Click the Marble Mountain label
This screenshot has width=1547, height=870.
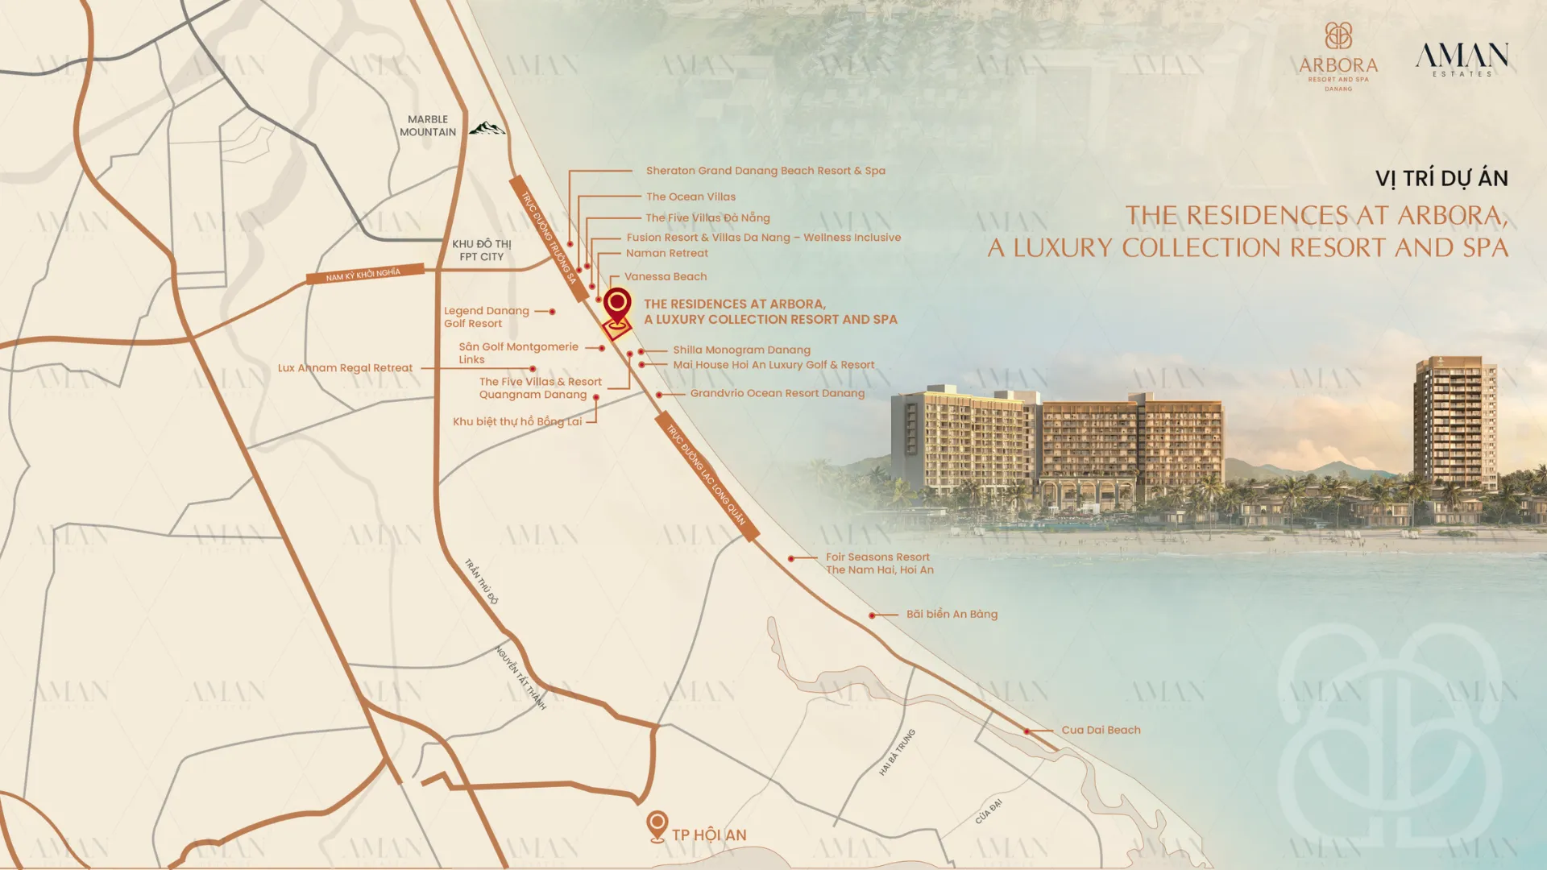(428, 126)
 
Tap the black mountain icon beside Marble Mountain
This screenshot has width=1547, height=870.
(487, 128)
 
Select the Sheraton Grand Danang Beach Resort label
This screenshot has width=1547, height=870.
(765, 171)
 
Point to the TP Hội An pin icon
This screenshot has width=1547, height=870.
(657, 826)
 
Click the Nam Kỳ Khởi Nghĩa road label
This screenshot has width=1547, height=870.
(364, 274)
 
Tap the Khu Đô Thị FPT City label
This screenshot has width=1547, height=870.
(481, 250)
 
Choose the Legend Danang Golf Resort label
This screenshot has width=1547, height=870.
(486, 317)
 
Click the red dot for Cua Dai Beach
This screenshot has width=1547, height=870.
(1027, 731)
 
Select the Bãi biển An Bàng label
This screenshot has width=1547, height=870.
(952, 614)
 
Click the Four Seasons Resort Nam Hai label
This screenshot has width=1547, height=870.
(879, 563)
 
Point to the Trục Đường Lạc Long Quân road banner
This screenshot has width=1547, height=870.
(707, 476)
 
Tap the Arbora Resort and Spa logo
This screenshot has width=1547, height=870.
(1338, 56)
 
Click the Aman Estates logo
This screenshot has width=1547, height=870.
(1462, 59)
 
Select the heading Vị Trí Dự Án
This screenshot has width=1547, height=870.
(1441, 178)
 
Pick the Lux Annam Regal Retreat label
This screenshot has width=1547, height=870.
(345, 368)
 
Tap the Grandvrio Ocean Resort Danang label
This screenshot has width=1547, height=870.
(777, 393)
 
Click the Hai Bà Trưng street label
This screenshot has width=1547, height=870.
(897, 752)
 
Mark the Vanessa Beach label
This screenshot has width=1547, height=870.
(666, 276)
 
